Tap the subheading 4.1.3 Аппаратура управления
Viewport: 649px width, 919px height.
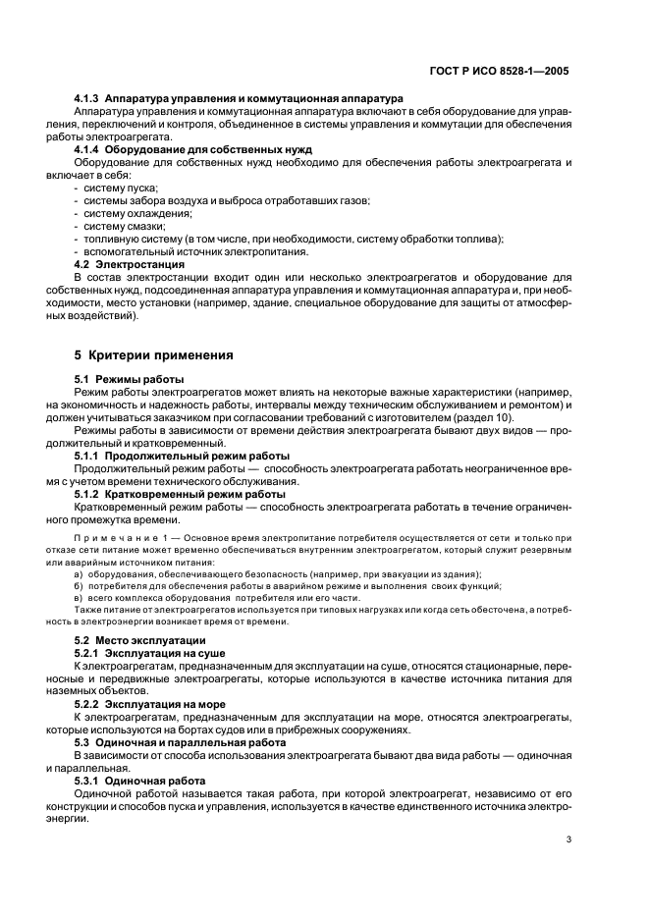pos(239,99)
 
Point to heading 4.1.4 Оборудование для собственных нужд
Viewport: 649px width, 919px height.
pos(193,149)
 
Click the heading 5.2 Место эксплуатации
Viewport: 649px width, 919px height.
pos(140,640)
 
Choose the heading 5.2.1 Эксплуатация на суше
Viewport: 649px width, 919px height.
pos(150,653)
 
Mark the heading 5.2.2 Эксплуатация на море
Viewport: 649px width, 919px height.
pos(150,704)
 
